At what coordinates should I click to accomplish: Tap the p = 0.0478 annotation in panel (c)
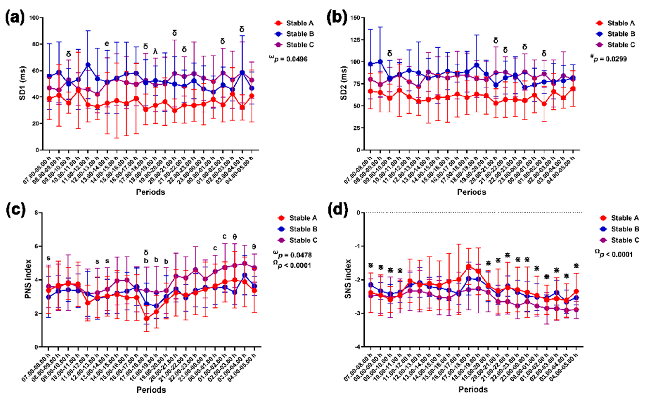[x=294, y=255]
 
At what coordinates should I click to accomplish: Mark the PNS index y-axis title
[x=28, y=279]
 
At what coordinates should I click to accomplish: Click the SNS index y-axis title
[x=348, y=279]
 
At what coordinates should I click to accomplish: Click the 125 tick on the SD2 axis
[x=356, y=40]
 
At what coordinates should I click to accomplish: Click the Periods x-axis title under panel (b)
[x=472, y=192]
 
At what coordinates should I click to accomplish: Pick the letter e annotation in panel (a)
[x=107, y=43]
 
